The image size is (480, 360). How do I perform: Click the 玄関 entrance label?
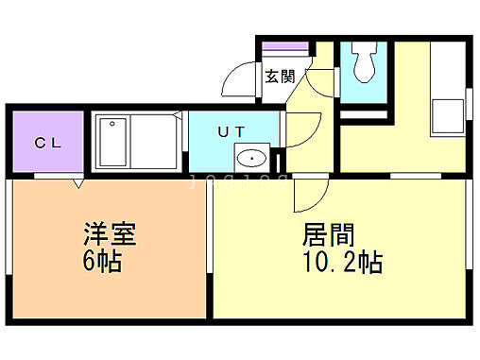click(x=278, y=77)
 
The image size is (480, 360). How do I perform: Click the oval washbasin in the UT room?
click(x=250, y=159)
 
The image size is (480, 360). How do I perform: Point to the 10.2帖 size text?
click(x=342, y=262)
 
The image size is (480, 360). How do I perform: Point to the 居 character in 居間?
click(x=314, y=233)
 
